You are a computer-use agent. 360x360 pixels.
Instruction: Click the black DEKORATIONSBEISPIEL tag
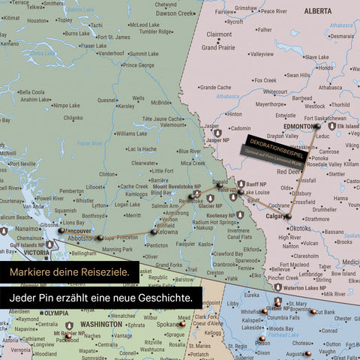coord(274,141)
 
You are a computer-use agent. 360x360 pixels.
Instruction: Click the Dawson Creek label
coord(175,13)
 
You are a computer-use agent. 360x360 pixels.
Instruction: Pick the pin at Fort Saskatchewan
coord(316,127)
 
